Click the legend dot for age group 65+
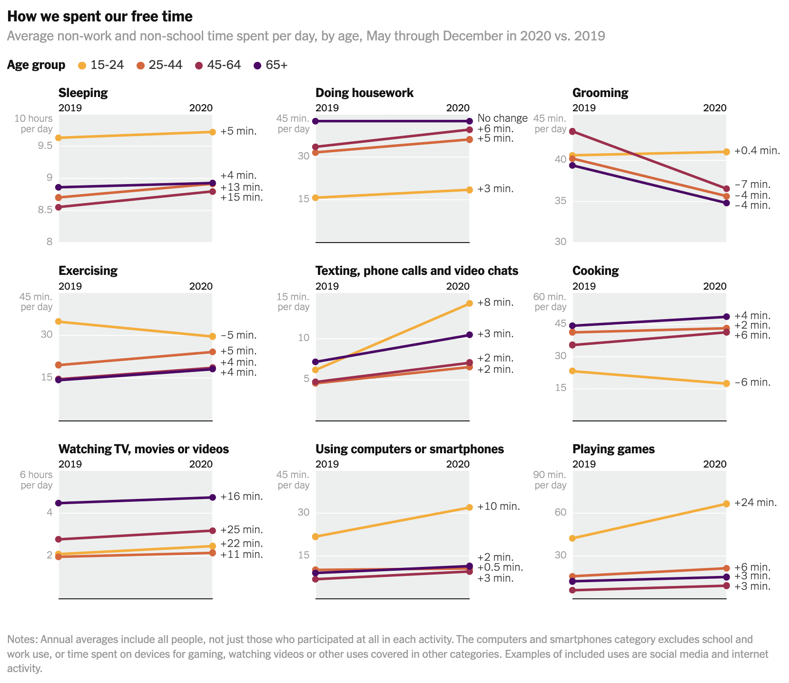(x=257, y=66)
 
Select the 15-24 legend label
(x=107, y=65)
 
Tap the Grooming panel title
(x=600, y=93)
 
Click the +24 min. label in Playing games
(x=755, y=503)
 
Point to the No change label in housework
(x=502, y=118)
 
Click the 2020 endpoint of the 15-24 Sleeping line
(x=212, y=132)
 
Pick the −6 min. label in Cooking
(x=752, y=382)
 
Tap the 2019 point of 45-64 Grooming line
(x=572, y=131)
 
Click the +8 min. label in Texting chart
(x=495, y=302)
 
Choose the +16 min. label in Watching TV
(x=241, y=497)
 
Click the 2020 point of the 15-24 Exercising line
(x=212, y=337)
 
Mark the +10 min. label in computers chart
(x=498, y=507)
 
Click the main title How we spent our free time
(x=100, y=17)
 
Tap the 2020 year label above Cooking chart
(x=715, y=286)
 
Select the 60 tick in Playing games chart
(x=560, y=513)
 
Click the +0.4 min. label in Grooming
(x=757, y=151)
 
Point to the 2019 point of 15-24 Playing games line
(x=572, y=538)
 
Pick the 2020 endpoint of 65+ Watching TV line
(x=212, y=498)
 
